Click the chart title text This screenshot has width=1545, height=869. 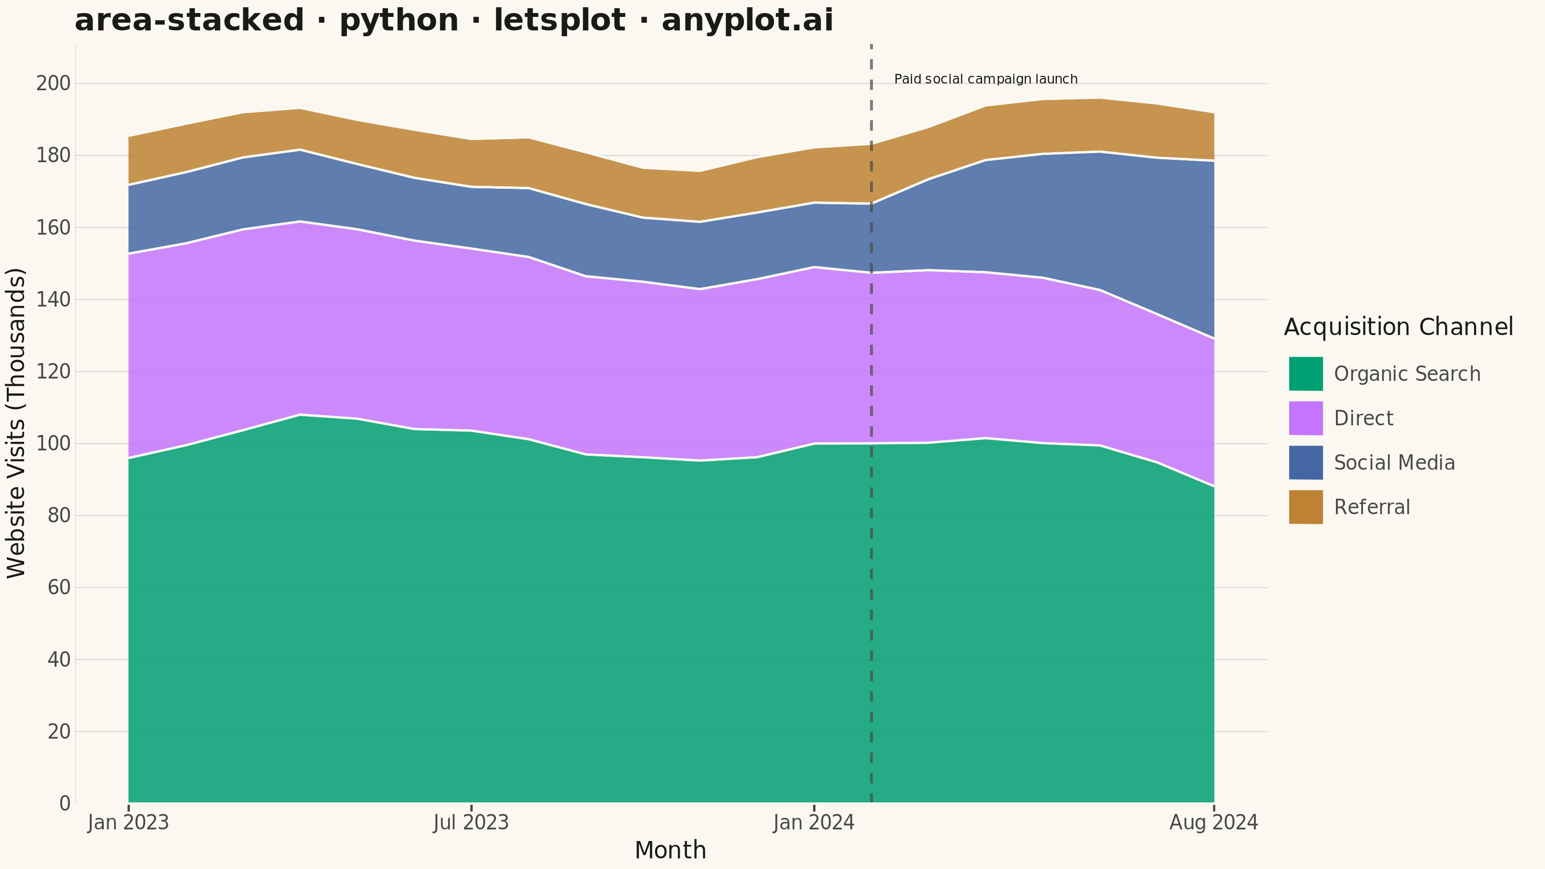(453, 20)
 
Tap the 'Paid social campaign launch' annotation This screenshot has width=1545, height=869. (985, 79)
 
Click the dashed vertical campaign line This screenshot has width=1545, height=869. (871, 423)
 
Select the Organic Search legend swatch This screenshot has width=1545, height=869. (1306, 374)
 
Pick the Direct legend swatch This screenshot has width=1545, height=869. (1306, 418)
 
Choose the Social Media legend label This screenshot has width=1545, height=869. (1394, 463)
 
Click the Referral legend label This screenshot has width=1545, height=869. (1372, 507)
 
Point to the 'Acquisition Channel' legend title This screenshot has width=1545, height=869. (1399, 327)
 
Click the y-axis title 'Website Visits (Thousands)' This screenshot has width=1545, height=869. (16, 423)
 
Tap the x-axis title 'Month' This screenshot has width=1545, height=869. (670, 850)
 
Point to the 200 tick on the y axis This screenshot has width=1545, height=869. (54, 84)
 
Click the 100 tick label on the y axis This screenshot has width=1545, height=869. (54, 444)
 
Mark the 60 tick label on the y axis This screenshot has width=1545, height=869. (59, 588)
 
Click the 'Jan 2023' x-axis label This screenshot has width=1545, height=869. (128, 822)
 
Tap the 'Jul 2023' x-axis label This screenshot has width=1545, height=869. (471, 822)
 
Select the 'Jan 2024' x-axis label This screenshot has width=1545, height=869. (814, 822)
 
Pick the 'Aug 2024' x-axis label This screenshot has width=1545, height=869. (1213, 822)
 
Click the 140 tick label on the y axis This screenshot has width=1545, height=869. (54, 299)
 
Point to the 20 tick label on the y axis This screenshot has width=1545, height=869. (59, 732)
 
